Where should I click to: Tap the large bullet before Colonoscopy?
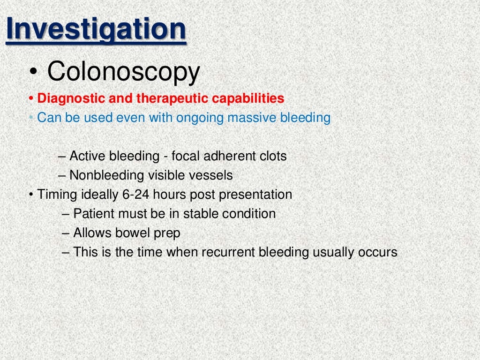(34, 73)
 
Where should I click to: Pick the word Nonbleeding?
(107, 175)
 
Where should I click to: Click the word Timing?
(53, 195)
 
